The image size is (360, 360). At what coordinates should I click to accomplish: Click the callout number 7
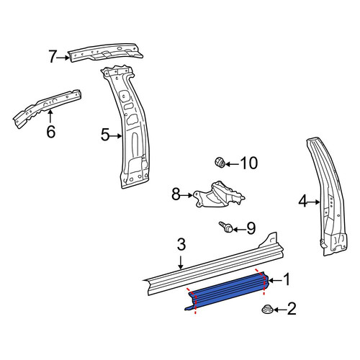click(x=53, y=57)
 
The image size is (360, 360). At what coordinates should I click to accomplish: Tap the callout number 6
click(x=51, y=132)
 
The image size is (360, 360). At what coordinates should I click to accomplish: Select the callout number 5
click(x=105, y=135)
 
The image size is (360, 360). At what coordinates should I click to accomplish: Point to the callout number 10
click(x=249, y=163)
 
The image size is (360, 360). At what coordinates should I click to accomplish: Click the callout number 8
click(x=176, y=194)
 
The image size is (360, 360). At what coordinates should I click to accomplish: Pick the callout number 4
click(x=303, y=201)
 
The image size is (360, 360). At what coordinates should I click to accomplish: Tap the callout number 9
click(x=251, y=228)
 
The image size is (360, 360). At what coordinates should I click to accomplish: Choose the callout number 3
click(x=181, y=244)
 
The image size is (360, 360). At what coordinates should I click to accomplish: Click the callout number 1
click(x=287, y=280)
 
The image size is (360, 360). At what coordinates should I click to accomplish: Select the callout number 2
click(x=292, y=309)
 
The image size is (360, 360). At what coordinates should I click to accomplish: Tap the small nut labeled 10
click(x=220, y=162)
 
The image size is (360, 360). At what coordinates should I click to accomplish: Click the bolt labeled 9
click(x=226, y=227)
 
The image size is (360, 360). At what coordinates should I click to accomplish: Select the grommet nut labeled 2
click(x=267, y=309)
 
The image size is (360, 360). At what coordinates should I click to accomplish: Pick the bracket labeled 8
click(x=218, y=195)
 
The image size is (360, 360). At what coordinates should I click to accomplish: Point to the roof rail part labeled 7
click(x=106, y=53)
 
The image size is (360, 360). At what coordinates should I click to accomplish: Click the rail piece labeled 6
click(x=47, y=109)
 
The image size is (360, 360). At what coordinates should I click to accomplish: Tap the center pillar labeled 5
click(x=127, y=127)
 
